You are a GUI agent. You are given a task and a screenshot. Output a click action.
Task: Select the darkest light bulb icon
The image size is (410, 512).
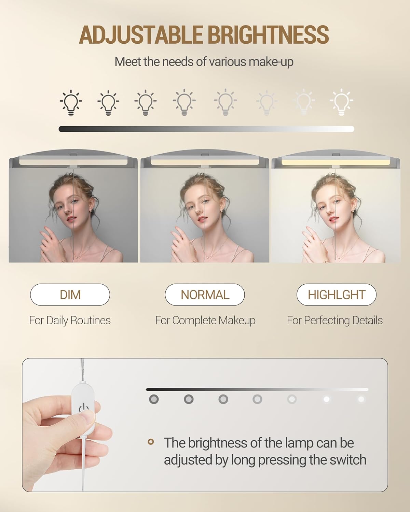point(71,102)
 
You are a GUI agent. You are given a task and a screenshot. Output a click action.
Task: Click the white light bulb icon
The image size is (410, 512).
point(341,102)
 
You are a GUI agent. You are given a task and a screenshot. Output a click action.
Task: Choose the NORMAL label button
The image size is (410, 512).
point(205,295)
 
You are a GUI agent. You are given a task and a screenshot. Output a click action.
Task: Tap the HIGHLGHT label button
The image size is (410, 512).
point(337,295)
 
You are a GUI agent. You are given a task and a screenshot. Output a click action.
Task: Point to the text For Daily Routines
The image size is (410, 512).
point(70,321)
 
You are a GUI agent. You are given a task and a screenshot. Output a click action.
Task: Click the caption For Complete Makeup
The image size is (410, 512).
point(205,321)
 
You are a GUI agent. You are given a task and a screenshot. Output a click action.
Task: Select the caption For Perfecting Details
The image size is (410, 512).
point(335,321)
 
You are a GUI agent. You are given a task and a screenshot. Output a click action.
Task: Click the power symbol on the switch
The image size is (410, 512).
point(84,408)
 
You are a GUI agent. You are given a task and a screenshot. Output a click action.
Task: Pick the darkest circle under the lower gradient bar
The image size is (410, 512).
point(154,399)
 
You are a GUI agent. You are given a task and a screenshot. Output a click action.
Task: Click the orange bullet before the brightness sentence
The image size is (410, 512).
point(151,442)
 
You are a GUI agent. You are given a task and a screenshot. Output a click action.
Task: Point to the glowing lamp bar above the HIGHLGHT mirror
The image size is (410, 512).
point(312,162)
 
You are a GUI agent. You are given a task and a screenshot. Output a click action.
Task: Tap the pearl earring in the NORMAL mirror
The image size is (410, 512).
point(222,210)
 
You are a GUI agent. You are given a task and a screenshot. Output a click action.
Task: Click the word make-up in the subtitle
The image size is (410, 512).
point(271,62)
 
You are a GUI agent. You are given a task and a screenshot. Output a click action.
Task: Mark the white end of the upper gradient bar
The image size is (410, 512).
point(351,129)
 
